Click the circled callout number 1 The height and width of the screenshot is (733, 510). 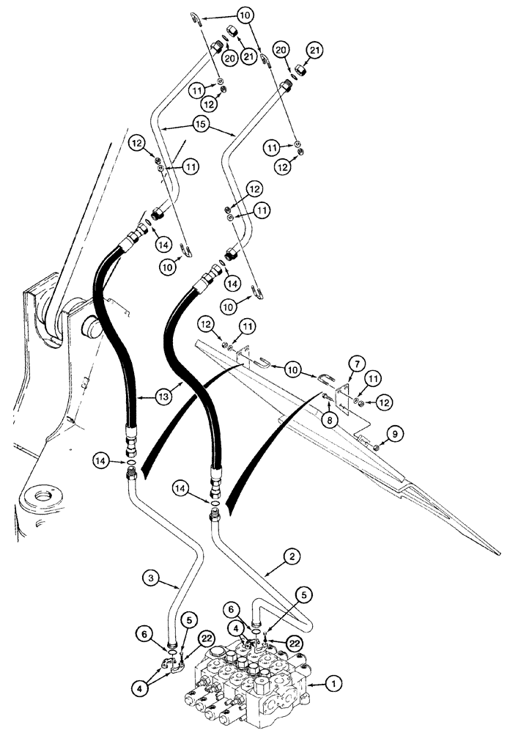tap(332, 683)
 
